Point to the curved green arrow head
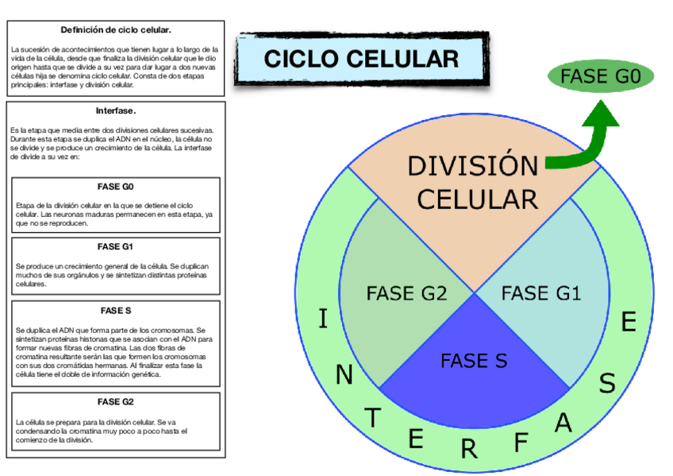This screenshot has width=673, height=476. tap(602, 117)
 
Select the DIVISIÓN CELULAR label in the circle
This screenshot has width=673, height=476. tap(473, 183)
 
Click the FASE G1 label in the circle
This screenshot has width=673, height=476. tap(541, 293)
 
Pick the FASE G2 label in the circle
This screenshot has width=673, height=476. tap(406, 293)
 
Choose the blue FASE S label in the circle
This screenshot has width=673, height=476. tap(474, 361)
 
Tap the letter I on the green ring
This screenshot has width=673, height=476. tap(322, 319)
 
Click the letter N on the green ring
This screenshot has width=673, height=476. tap(344, 375)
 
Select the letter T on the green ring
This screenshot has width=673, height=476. tap(374, 418)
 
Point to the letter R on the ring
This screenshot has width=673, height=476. tap(469, 449)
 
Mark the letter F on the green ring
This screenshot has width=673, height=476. tap(521, 442)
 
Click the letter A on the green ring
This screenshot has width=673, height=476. tap(563, 424)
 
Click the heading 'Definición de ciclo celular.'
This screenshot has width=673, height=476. tap(116, 30)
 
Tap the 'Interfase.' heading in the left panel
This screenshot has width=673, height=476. tap(116, 110)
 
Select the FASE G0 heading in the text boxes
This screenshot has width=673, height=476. tap(116, 187)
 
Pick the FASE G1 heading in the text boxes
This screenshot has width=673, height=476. tap(116, 246)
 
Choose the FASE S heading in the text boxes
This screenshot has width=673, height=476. tap(116, 310)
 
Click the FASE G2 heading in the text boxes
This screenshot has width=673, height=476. tap(116, 401)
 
